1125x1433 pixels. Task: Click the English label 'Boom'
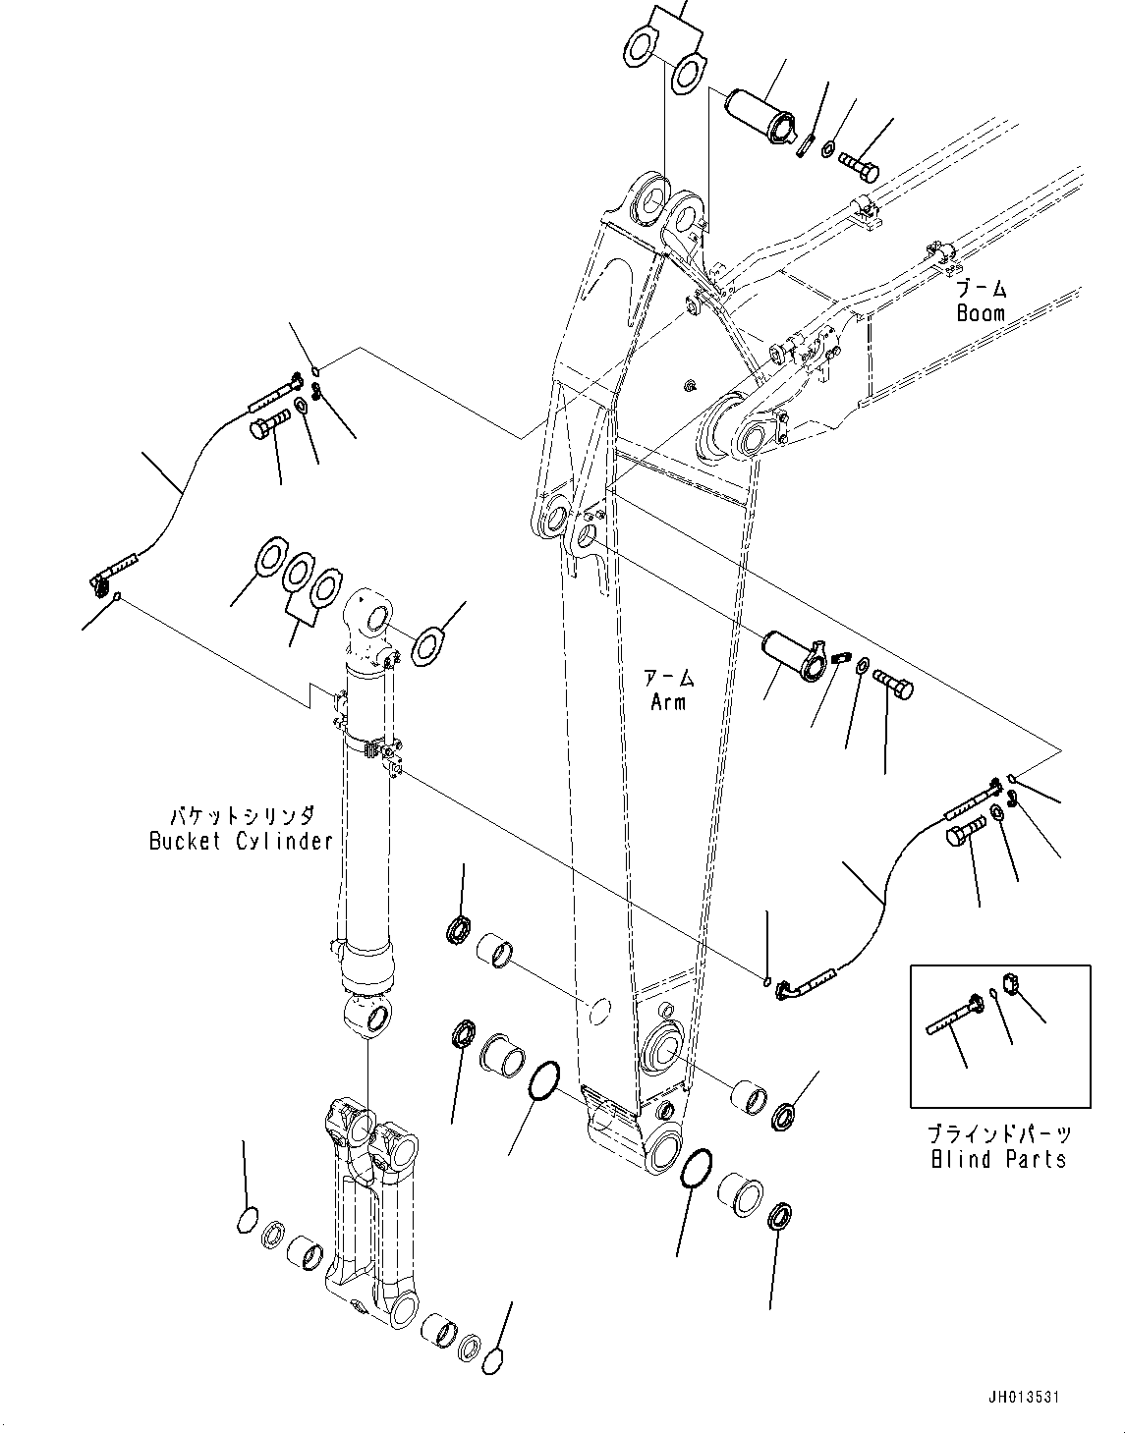pyautogui.click(x=981, y=313)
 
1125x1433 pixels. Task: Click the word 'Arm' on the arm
pyautogui.click(x=667, y=702)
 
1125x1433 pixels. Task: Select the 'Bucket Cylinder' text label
pyautogui.click(x=241, y=841)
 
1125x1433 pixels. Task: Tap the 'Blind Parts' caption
pyautogui.click(x=998, y=1160)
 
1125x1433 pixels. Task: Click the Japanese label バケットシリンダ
pyautogui.click(x=242, y=815)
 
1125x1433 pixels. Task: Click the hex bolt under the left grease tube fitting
pyautogui.click(x=268, y=429)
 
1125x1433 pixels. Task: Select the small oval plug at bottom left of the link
pyautogui.click(x=248, y=1221)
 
